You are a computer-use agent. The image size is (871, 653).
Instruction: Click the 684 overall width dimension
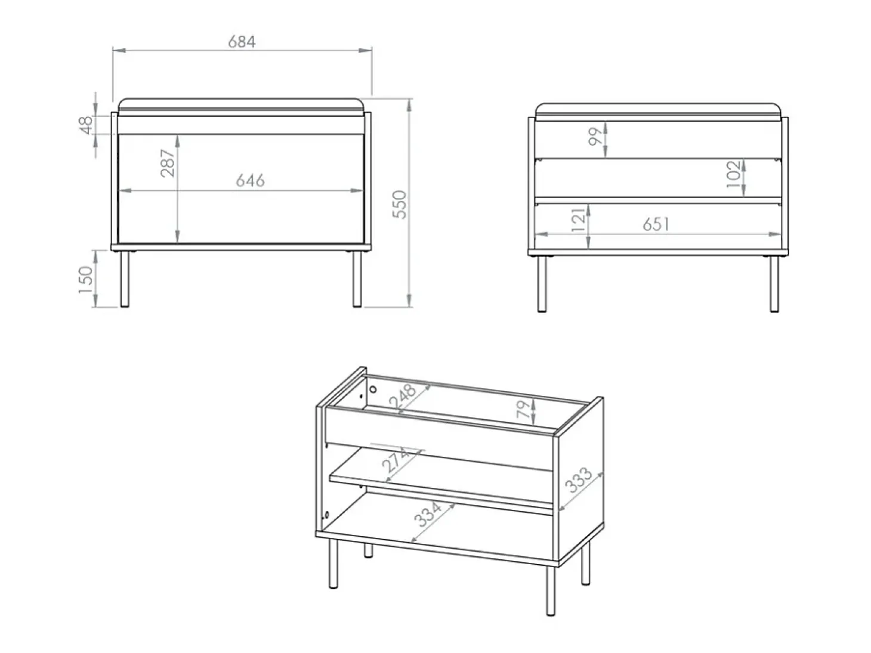pos(242,42)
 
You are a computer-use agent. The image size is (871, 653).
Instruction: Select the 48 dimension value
pos(87,125)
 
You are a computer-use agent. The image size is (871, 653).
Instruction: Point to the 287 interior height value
pos(168,163)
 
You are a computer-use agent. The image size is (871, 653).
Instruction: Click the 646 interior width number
pos(250,181)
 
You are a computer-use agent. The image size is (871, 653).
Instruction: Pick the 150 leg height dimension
pos(86,280)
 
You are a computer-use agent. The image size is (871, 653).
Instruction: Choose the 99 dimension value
pos(595,137)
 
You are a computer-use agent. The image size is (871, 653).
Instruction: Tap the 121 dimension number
pos(577,219)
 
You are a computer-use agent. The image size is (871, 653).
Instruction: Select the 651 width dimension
pos(656,224)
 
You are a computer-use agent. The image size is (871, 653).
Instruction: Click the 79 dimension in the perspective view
pos(523,409)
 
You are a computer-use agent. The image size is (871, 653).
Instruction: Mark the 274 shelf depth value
pos(395,460)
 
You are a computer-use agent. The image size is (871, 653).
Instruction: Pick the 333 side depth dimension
pos(579,480)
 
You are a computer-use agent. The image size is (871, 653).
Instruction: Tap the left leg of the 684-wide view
pos(125,279)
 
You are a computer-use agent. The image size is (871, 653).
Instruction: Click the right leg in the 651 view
pos(774,284)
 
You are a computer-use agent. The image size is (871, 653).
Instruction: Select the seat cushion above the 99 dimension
pos(658,112)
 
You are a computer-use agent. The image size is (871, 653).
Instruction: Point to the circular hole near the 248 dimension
pos(373,389)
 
